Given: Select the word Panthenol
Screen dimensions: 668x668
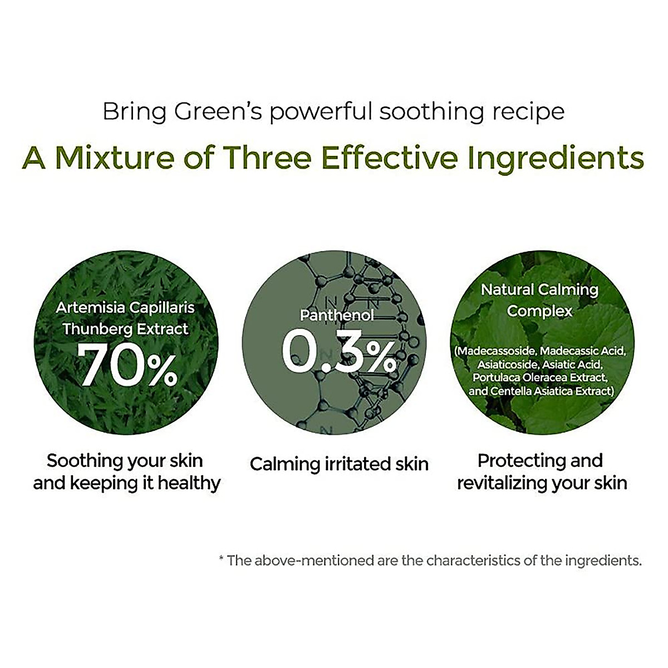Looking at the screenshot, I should tap(336, 316).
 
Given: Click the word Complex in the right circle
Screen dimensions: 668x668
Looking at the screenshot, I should tap(539, 311).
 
